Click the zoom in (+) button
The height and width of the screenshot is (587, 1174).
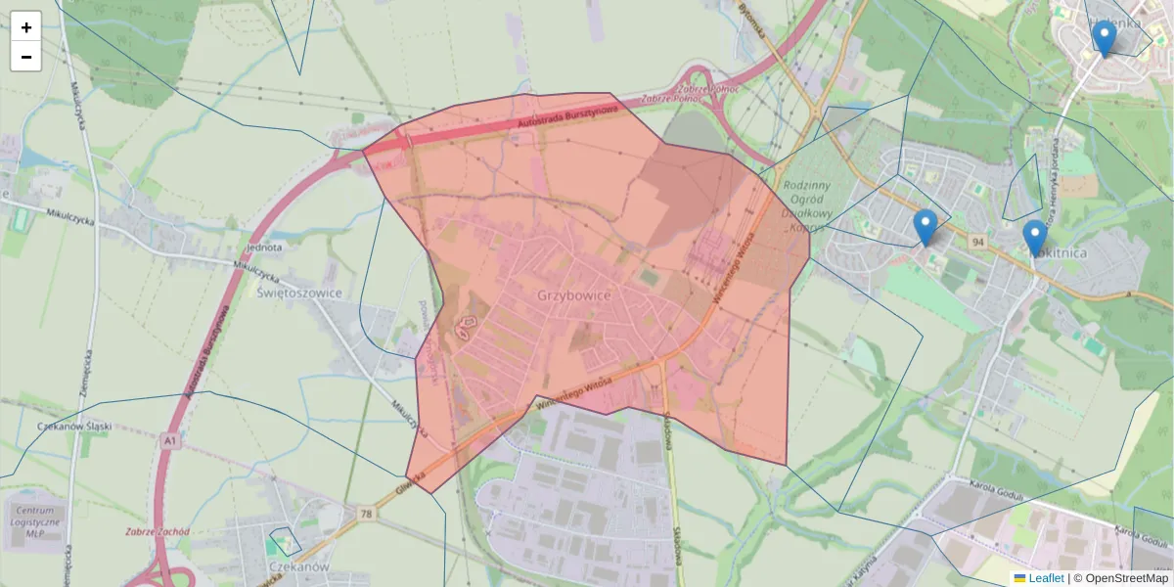[x=26, y=27]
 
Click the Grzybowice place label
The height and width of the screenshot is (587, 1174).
[x=574, y=295]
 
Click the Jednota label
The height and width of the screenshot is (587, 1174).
[x=264, y=248]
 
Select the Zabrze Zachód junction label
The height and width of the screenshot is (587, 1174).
[x=157, y=532]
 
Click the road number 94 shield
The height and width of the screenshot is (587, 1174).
[x=977, y=241]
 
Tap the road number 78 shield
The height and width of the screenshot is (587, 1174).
[x=365, y=514]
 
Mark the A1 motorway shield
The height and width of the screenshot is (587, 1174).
[x=171, y=442]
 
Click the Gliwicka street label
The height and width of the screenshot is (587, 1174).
[x=412, y=480]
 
